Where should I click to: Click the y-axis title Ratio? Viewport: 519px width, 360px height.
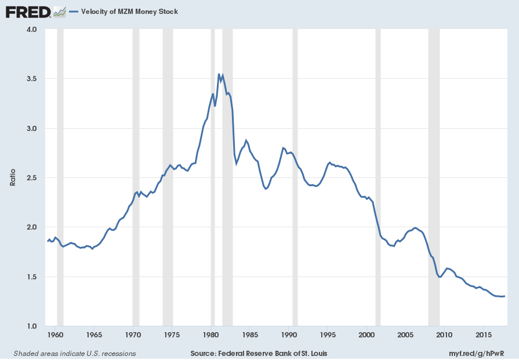coord(13,177)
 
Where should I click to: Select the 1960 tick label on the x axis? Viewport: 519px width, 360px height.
coord(55,336)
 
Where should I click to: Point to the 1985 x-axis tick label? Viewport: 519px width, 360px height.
coord(250,336)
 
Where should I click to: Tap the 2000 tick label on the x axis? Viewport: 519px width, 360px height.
coord(366,336)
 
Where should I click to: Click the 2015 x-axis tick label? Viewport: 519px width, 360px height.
coord(484,336)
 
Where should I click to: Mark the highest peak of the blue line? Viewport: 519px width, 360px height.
coord(219,74)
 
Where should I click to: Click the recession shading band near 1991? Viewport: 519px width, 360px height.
coord(295,174)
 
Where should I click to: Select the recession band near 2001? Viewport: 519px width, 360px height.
coord(378,174)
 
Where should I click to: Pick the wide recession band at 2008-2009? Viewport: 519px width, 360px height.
coord(434,174)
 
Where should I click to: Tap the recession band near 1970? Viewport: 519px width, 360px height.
coord(136,174)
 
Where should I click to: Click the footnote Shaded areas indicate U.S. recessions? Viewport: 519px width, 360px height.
coord(74,353)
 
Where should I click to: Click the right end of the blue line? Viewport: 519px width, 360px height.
coord(505,296)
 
